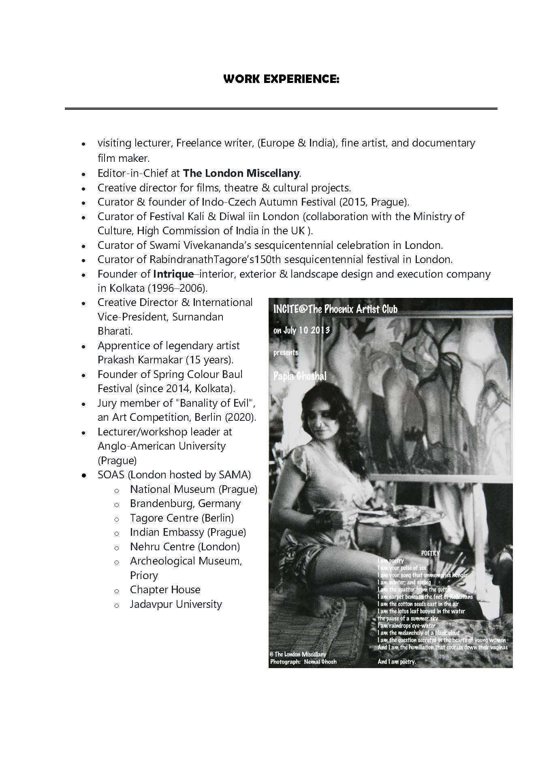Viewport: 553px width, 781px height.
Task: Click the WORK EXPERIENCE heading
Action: [281, 79]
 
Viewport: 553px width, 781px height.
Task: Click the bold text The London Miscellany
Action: [241, 174]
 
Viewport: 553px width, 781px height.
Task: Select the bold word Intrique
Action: [173, 274]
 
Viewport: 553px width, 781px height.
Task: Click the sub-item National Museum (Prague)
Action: [193, 489]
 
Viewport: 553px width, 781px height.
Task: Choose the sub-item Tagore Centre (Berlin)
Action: [181, 518]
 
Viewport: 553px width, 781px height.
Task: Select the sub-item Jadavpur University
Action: [176, 604]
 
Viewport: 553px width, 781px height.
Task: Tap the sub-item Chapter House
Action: [165, 590]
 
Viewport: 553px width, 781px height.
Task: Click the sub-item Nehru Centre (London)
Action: [185, 547]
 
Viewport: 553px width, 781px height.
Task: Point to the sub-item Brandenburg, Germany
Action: [185, 503]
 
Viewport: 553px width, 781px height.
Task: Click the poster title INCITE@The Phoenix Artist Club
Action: [335, 310]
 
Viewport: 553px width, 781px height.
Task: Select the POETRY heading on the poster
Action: [430, 553]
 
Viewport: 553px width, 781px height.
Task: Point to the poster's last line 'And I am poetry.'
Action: [396, 662]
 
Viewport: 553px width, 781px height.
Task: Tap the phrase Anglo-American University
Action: [161, 446]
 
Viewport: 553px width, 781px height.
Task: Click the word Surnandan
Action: [198, 317]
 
